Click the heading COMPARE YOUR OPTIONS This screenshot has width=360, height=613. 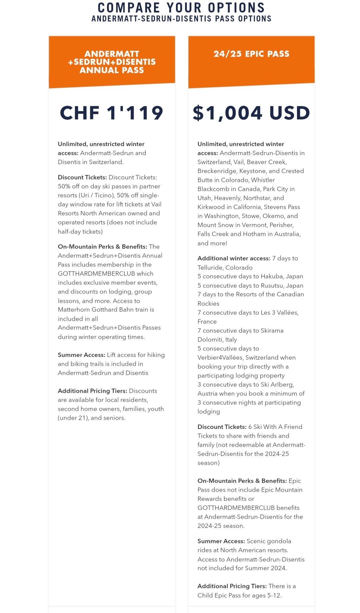pyautogui.click(x=181, y=7)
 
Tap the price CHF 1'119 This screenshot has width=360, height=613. pyautogui.click(x=112, y=113)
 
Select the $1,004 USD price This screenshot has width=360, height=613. pyautogui.click(x=251, y=113)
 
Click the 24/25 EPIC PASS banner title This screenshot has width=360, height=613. pyautogui.click(x=251, y=54)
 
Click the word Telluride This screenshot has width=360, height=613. pyautogui.click(x=210, y=268)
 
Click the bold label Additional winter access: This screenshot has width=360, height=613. pyautogui.click(x=234, y=258)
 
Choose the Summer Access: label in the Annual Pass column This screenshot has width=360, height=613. pyautogui.click(x=81, y=355)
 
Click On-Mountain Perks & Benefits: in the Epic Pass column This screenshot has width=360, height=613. pyautogui.click(x=242, y=481)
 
